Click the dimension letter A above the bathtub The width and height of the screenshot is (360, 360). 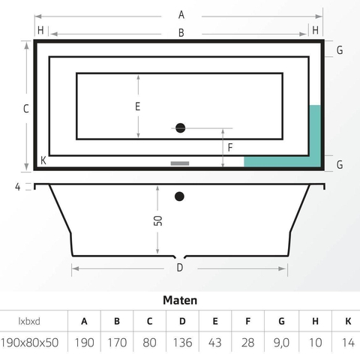point(181,15)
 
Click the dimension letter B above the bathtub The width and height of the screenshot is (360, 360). point(181,33)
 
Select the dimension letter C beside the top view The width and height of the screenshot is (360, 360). point(26,109)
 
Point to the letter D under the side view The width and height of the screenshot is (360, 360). point(180,268)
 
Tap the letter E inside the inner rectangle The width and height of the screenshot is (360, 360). point(137,106)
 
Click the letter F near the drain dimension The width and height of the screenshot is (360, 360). point(230,148)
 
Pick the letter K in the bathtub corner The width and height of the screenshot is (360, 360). point(43,160)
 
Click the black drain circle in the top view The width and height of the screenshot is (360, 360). point(180,128)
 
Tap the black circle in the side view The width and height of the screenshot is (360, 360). point(179,196)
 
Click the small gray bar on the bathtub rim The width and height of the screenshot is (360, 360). point(180,163)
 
